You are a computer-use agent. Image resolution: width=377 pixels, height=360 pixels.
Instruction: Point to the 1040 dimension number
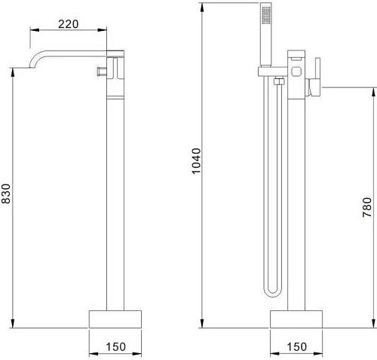click(x=197, y=161)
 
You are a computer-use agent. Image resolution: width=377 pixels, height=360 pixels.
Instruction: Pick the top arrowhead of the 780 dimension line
click(x=372, y=90)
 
